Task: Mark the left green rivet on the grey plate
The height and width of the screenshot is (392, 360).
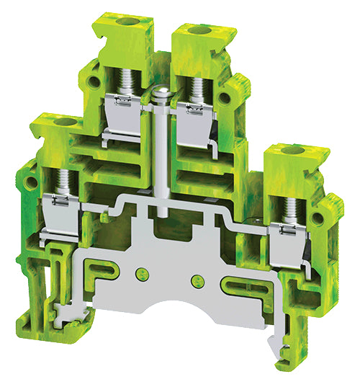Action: click(143, 272)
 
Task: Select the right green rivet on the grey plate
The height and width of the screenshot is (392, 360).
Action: click(194, 279)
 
